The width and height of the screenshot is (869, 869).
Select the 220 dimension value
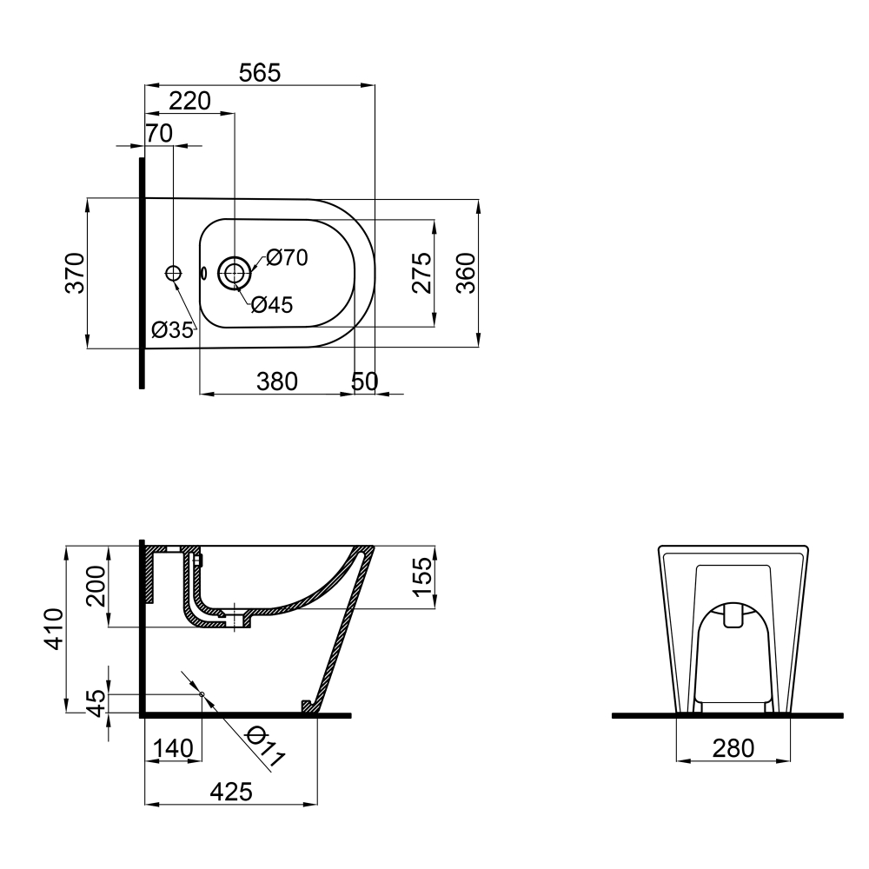(189, 101)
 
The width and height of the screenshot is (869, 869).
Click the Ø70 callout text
(288, 257)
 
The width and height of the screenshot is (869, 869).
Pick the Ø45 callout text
(272, 305)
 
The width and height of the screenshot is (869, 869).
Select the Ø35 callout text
(171, 330)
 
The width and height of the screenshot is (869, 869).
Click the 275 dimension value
(421, 273)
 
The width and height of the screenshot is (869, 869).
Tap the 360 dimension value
(466, 273)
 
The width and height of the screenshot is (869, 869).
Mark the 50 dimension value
(366, 381)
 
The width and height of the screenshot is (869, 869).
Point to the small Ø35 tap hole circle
(173, 273)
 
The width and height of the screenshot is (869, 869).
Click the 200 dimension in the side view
(96, 585)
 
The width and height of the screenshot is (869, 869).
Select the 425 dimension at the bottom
(230, 791)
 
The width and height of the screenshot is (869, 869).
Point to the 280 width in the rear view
(733, 747)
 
